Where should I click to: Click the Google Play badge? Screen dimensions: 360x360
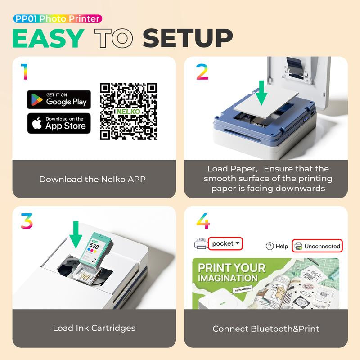(59, 99)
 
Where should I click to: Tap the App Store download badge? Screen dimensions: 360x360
(59, 123)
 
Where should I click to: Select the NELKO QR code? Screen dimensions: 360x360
(128, 111)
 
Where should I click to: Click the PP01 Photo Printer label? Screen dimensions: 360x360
(57, 18)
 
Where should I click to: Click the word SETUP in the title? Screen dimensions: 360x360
(188, 39)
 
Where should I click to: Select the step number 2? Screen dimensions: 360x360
(202, 72)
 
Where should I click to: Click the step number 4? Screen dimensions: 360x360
(203, 221)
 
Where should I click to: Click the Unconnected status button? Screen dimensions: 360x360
(317, 246)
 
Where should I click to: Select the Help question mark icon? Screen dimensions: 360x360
(270, 246)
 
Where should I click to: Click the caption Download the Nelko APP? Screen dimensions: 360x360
(92, 179)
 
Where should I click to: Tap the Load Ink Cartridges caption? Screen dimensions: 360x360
(94, 328)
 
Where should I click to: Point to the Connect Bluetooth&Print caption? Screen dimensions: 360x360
(266, 328)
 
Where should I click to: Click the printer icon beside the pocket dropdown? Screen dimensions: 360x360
(200, 244)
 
